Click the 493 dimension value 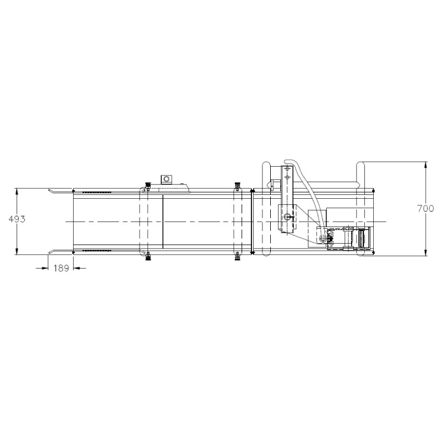tap(17, 219)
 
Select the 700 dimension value tap(425, 209)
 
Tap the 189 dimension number tap(61, 268)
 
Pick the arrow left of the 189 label tap(43, 268)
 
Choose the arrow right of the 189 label tap(80, 268)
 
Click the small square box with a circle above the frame tap(167, 179)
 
